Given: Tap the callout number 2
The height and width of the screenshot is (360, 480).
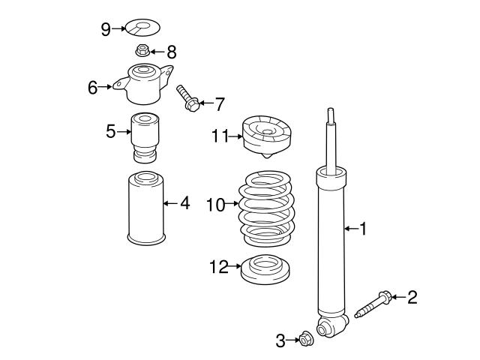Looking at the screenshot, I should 412,298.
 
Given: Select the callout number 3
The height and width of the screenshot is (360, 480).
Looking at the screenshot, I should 280,341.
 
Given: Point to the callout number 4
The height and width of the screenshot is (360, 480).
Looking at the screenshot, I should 184,202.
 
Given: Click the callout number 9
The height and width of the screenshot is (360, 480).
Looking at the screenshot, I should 106,28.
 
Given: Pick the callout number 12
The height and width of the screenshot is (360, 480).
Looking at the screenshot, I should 219,267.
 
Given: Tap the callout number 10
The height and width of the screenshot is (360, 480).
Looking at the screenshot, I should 215,204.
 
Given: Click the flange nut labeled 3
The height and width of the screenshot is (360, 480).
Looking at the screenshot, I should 305,340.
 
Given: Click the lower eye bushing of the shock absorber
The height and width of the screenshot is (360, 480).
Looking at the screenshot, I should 328,327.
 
